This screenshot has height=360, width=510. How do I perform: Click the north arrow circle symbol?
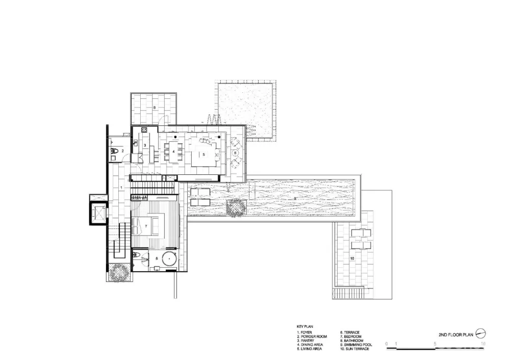(480, 334)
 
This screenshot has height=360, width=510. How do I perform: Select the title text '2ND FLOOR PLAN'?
(456, 335)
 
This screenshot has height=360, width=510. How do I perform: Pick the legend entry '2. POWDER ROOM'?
(312, 337)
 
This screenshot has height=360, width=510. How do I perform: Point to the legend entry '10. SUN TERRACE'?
(356, 349)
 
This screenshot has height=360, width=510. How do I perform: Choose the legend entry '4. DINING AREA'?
(311, 345)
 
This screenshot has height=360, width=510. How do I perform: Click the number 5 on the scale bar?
(435, 343)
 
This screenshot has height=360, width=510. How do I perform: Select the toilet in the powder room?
(116, 151)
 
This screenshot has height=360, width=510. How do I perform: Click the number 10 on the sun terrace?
(352, 259)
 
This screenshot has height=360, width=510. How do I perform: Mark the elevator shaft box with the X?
(98, 214)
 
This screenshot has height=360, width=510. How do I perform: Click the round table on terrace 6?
(235, 152)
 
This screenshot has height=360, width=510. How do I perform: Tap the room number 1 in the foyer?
(121, 188)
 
